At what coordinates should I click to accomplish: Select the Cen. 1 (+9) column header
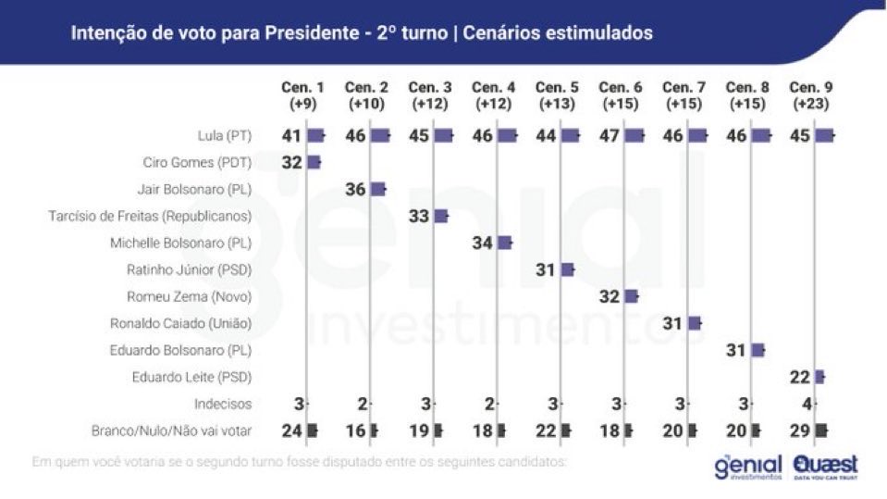(x=302, y=94)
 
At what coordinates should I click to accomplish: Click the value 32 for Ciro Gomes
(x=293, y=162)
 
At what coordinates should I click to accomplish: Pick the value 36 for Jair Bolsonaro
(x=356, y=189)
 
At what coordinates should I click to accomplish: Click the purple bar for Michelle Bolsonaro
(x=505, y=243)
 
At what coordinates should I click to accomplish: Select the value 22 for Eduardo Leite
(x=801, y=377)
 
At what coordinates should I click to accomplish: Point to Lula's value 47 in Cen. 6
(x=610, y=135)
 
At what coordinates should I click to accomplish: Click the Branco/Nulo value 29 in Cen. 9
(x=801, y=430)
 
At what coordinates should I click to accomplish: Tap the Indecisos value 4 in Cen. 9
(x=807, y=404)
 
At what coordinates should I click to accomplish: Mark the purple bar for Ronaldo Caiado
(x=695, y=323)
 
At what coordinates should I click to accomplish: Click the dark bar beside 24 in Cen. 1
(x=313, y=430)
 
